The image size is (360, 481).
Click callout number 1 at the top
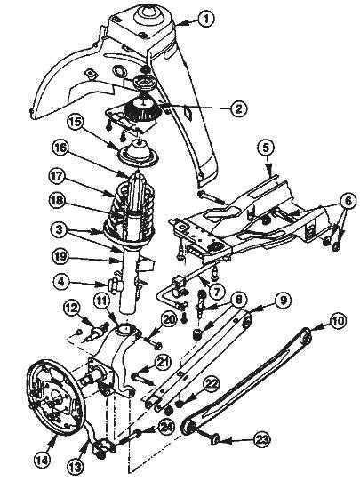(206, 20)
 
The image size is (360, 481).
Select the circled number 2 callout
(239, 108)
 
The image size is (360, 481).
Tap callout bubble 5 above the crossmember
(266, 148)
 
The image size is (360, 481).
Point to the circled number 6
(348, 201)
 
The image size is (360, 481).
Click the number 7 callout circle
(217, 292)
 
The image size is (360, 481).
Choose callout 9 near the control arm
(283, 301)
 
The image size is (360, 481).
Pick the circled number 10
(338, 321)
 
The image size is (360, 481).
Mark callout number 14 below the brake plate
(43, 460)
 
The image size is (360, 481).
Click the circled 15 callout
(76, 122)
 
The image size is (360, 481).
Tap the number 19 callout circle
(60, 255)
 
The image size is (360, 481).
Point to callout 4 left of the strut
(62, 282)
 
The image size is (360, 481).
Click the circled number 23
(261, 440)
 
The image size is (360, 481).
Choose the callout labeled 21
(164, 363)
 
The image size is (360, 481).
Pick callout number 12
(73, 308)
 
